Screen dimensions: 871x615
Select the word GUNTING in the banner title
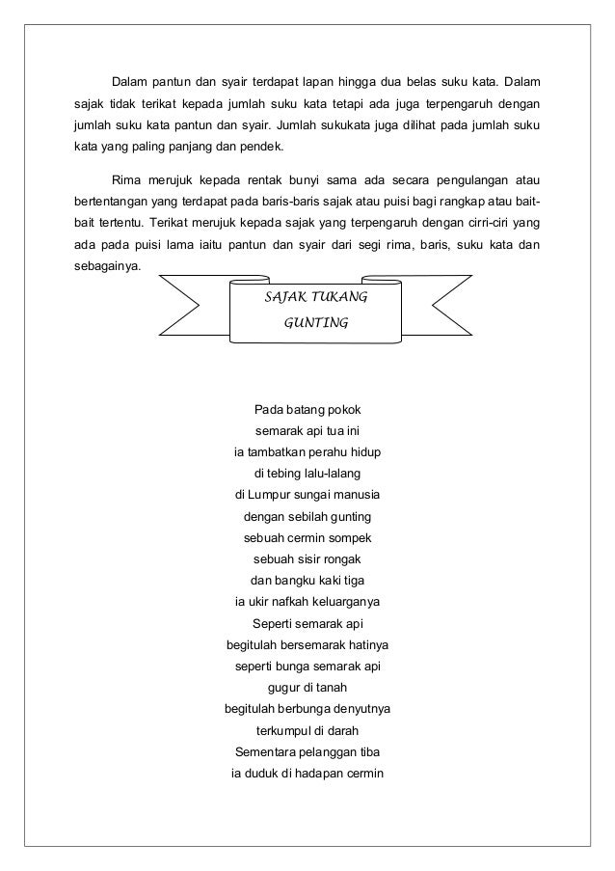click(315, 324)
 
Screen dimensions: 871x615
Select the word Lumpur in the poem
click(270, 496)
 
